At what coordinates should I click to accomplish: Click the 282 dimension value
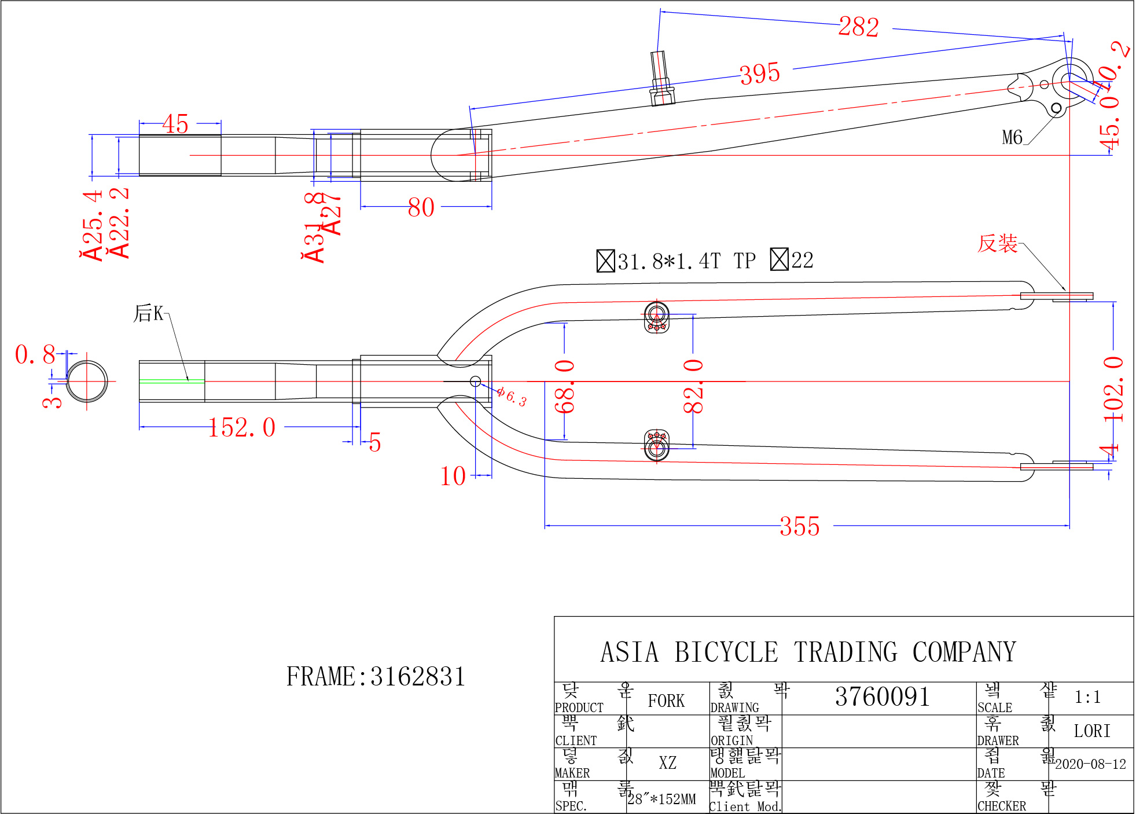point(859,27)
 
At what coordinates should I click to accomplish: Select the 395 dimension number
point(760,74)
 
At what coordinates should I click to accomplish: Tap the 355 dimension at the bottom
point(799,526)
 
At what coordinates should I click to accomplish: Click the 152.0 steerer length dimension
point(242,428)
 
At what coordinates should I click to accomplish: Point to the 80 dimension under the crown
point(421,207)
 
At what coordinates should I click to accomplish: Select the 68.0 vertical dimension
point(565,386)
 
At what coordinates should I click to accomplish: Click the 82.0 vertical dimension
point(693,386)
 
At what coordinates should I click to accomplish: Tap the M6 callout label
point(1012,137)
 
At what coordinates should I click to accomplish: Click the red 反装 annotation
point(997,243)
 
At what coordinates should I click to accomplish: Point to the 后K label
point(149,313)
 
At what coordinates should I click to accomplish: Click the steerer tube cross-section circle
point(87,381)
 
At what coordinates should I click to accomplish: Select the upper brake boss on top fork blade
point(657,317)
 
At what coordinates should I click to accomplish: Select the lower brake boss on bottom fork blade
point(657,445)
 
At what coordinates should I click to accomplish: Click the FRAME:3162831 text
point(376,676)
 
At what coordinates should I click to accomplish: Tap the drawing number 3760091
point(882,696)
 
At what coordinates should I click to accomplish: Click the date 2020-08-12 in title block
point(1090,764)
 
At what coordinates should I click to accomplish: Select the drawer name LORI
point(1092,731)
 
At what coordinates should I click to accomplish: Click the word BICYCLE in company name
point(726,652)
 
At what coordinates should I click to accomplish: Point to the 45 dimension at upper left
point(175,124)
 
